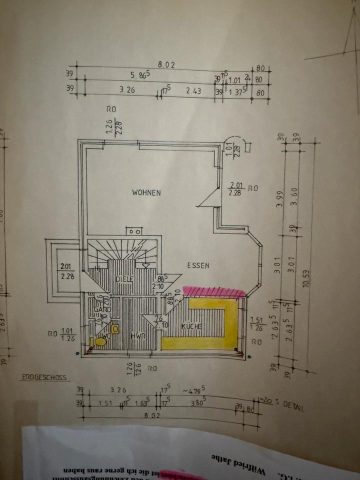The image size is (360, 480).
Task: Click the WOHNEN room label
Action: pyautogui.click(x=146, y=192)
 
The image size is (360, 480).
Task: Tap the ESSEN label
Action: pyautogui.click(x=198, y=266)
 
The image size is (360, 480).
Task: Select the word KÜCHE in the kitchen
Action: pyautogui.click(x=191, y=326)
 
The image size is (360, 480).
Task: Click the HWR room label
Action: pyautogui.click(x=137, y=335)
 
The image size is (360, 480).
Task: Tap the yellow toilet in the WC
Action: pyautogui.click(x=100, y=342)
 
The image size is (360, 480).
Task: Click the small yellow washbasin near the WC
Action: pyautogui.click(x=115, y=329)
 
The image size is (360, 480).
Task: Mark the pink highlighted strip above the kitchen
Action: pyautogui.click(x=213, y=291)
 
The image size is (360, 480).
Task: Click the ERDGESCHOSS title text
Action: pyautogui.click(x=44, y=378)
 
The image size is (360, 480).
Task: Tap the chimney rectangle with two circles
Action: pyautogui.click(x=133, y=231)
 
